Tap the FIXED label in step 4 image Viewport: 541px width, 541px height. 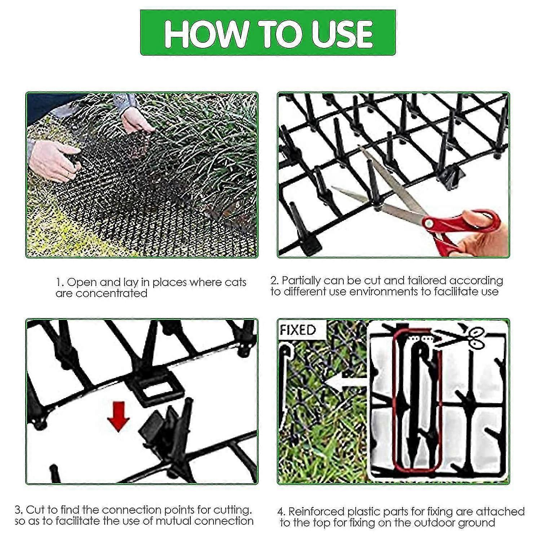pyautogui.click(x=298, y=330)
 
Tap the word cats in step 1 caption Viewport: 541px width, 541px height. pyautogui.click(x=235, y=282)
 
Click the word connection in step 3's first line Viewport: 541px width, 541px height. pyautogui.click(x=132, y=510)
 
